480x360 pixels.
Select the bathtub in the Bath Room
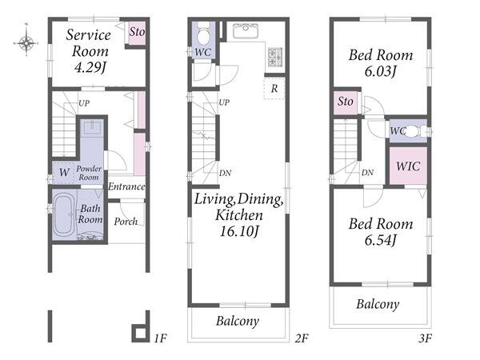click(64, 215)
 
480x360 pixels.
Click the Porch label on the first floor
click(126, 222)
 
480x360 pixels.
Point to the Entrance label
click(126, 186)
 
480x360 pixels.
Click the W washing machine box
click(64, 172)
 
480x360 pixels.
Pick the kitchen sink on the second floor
click(246, 30)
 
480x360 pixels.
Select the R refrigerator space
click(274, 89)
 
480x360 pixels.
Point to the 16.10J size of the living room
click(239, 231)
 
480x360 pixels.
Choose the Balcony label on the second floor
click(238, 321)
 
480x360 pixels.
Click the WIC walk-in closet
click(408, 166)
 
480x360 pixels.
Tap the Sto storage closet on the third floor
click(346, 102)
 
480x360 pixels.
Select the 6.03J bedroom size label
click(381, 72)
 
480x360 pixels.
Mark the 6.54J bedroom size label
click(381, 240)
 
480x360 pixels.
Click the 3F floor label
click(426, 338)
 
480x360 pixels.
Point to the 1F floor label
click(160, 338)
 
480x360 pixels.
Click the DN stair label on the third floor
click(367, 173)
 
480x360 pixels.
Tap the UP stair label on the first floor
click(84, 103)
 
